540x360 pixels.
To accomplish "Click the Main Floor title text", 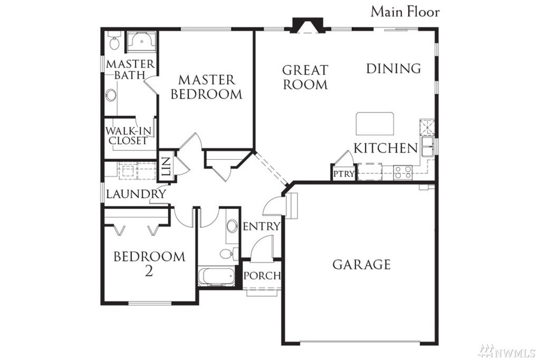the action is [405, 12].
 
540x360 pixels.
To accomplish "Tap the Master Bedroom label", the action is [207, 87].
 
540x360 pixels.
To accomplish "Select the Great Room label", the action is [305, 77].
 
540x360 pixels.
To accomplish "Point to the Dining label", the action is [393, 69].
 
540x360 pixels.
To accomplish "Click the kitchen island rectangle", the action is [375, 123].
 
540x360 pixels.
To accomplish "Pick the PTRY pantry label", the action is [344, 174].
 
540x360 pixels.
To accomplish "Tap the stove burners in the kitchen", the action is [403, 172].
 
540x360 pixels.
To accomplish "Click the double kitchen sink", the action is [427, 146].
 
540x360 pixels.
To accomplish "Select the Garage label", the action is [362, 265].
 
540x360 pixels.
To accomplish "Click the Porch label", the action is [262, 275].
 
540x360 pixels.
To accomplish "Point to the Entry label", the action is [261, 226].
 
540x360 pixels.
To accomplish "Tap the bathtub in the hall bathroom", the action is [217, 276].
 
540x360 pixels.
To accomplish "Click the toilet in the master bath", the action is [114, 41].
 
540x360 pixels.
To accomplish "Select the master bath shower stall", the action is [141, 42].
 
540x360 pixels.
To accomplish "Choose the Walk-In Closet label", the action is [128, 136].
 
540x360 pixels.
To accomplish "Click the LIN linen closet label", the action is [166, 166].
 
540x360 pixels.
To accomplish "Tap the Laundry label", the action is [136, 194].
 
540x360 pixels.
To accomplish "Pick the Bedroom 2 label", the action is [149, 264].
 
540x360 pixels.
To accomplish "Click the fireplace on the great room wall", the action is [307, 25].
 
